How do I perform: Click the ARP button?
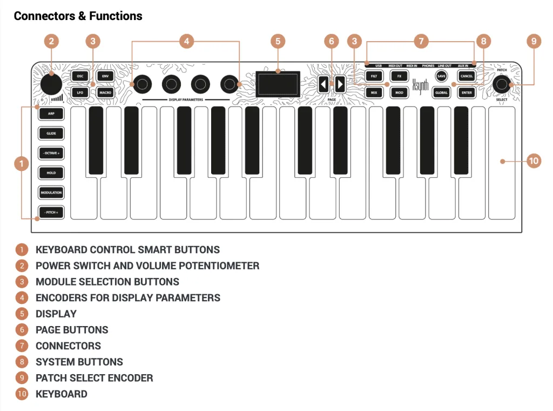pos(51,114)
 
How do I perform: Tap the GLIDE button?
pos(51,134)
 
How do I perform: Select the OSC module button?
pos(80,76)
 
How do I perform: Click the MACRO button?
pos(105,92)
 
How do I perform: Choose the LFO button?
pos(80,92)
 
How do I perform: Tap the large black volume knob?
pos(51,84)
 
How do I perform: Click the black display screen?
pos(278,84)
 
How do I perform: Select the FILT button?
pos(374,76)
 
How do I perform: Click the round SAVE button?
pos(441,76)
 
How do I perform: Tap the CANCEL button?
pos(467,76)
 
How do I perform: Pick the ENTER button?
pos(467,92)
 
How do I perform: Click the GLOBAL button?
pos(441,92)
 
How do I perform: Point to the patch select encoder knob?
pos(502,84)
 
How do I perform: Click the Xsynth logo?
pos(420,86)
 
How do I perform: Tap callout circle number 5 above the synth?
pos(278,41)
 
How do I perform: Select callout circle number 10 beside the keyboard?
pos(534,161)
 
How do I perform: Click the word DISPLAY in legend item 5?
pos(56,314)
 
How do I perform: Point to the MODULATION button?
pos(51,193)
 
